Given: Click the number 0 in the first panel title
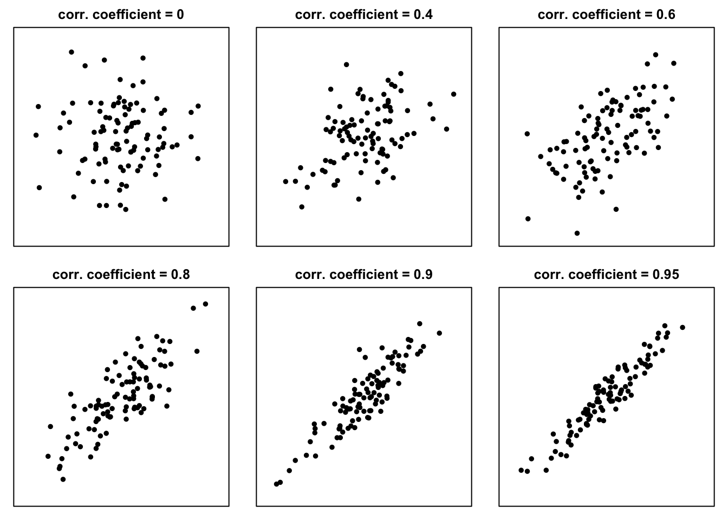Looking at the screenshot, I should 180,15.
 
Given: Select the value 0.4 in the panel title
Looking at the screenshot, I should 422,15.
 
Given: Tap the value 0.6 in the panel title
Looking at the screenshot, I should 665,15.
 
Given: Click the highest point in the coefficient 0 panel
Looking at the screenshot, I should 71,52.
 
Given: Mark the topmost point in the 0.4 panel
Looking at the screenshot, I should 347,64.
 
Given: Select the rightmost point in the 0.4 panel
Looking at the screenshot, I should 454,94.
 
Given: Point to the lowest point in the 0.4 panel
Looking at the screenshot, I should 302,207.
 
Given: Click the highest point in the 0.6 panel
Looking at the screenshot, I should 655,55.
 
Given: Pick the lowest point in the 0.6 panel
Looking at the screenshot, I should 577,233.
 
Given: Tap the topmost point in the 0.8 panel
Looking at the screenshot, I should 205,304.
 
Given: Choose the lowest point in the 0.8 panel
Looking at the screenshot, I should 63,479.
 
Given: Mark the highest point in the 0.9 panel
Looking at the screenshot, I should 419,324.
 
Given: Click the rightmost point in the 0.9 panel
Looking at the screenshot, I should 439,333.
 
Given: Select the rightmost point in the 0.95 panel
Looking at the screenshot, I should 682,327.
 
